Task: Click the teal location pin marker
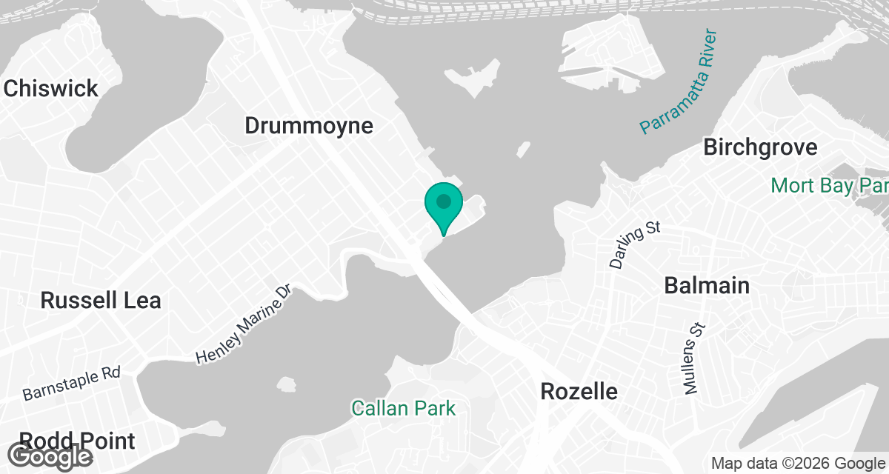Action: point(444,204)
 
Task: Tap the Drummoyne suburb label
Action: point(309,126)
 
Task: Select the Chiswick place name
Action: point(50,89)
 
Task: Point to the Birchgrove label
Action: point(760,147)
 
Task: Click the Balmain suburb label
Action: point(707,285)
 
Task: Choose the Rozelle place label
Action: point(579,391)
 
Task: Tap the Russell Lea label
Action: point(101,300)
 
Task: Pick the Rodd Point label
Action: point(78,441)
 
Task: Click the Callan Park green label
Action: point(403,407)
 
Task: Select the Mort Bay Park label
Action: point(828,185)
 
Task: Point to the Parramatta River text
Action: point(679,83)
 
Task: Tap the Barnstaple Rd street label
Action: point(71,382)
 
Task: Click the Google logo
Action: point(51,455)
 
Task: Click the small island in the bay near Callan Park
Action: point(285,384)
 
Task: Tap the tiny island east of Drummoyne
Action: point(524,148)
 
